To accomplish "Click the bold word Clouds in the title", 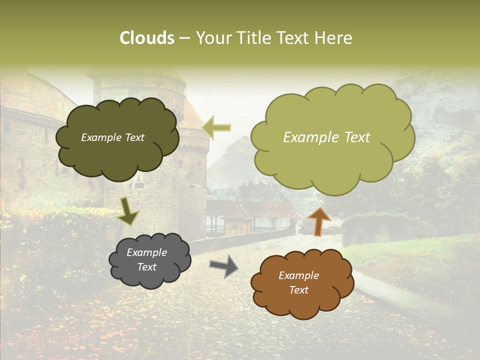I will (x=147, y=38).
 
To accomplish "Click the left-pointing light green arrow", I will (x=216, y=128).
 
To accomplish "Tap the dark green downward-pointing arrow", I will (x=128, y=211).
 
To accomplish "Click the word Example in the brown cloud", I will (x=298, y=275).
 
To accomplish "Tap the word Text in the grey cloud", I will (x=147, y=267).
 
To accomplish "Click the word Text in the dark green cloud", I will (x=133, y=137).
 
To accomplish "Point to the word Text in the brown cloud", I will (x=298, y=290).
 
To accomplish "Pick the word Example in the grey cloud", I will (x=147, y=252).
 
